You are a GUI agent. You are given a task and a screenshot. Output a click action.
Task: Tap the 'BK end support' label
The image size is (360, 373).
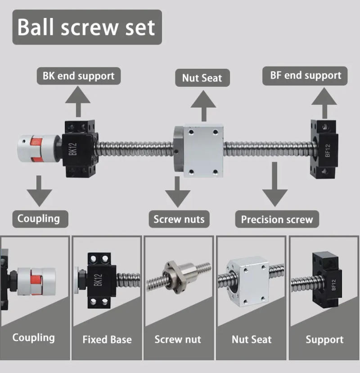click(x=78, y=76)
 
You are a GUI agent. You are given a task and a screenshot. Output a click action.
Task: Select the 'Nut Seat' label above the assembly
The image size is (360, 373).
click(x=202, y=78)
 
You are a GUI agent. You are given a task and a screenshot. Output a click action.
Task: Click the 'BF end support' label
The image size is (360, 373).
click(x=306, y=75)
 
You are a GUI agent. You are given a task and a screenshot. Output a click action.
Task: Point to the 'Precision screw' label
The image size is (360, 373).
click(x=277, y=220)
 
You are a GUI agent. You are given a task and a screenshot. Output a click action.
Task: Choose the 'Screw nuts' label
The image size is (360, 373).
click(x=179, y=219)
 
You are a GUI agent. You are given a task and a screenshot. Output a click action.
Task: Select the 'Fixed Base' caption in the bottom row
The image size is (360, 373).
click(x=107, y=339)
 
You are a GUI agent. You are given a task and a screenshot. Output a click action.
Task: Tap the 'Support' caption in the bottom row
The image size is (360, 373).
click(x=324, y=340)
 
